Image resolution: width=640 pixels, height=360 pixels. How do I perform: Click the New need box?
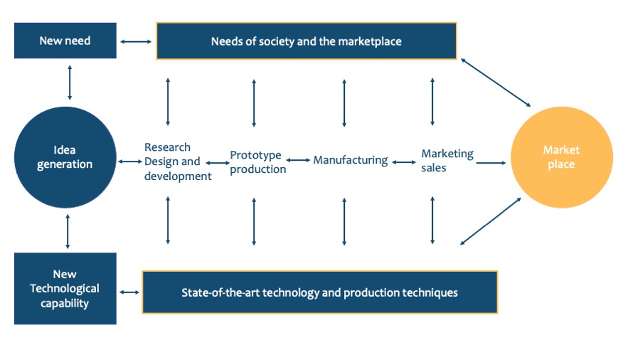coord(65,41)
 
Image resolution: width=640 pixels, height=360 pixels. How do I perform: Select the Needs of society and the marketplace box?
coord(306,41)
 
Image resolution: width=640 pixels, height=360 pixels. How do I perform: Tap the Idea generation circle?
coord(65,157)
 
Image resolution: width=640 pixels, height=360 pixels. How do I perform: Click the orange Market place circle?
coord(561,157)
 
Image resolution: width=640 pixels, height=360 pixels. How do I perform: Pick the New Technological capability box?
coord(65,288)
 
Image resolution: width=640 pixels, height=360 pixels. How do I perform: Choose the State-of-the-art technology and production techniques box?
coord(319,292)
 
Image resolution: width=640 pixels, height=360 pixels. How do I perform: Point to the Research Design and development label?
coord(178,162)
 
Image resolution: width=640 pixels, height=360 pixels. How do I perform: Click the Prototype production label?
coord(257,162)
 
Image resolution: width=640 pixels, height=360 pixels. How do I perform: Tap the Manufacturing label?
coord(351,161)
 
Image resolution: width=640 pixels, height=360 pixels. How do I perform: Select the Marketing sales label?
coord(447,161)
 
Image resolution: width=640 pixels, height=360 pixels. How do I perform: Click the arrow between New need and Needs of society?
coord(136,42)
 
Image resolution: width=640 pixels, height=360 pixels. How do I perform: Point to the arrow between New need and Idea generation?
coord(69,82)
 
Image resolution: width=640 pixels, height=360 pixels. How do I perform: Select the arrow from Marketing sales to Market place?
coord(491,163)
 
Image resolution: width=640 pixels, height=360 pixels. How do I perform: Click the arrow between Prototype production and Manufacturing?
coord(299,161)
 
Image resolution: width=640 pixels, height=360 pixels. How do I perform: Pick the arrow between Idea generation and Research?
coord(130,162)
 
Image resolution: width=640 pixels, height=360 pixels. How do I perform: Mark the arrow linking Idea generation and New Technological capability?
coord(68,231)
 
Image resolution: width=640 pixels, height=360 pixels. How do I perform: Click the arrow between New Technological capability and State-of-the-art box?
coord(129,292)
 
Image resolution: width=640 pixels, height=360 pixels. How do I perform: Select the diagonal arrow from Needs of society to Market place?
coord(496,83)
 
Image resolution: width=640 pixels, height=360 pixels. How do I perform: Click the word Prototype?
coord(255,155)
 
